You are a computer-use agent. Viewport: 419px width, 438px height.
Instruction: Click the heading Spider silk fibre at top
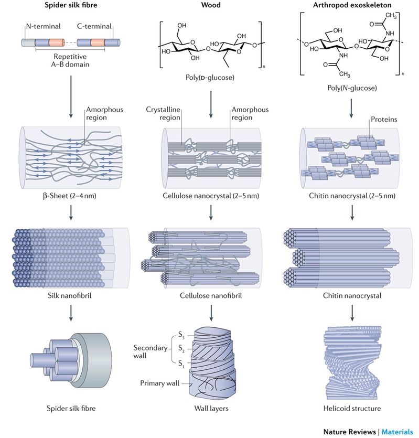point(71,5)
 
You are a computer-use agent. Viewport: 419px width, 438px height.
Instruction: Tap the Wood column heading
point(211,5)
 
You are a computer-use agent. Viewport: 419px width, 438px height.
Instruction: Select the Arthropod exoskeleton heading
point(352,5)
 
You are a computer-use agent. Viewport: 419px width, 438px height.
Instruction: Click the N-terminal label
point(44,26)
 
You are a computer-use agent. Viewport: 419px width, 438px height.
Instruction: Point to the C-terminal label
point(94,26)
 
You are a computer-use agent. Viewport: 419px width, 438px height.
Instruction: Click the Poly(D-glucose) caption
point(210,78)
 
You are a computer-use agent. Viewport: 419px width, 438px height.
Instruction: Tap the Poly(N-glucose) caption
point(352,88)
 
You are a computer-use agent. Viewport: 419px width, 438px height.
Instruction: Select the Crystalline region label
point(163,113)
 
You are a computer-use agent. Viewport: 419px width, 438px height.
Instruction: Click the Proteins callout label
point(384,119)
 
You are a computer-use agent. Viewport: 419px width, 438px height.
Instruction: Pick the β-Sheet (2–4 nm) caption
point(70,196)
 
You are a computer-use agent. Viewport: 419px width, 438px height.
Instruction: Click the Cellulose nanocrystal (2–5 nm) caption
point(211,196)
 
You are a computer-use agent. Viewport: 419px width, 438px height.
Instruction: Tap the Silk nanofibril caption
point(70,295)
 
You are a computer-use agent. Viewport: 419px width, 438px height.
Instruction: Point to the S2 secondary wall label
point(181,349)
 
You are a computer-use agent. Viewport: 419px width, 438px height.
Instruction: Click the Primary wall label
point(160,383)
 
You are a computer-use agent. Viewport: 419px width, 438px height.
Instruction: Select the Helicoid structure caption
point(352,409)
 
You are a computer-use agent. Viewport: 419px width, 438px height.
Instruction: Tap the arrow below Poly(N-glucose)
point(351,109)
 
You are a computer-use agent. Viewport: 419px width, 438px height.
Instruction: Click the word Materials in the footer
point(397,432)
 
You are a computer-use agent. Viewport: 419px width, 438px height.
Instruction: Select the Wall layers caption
point(211,409)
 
